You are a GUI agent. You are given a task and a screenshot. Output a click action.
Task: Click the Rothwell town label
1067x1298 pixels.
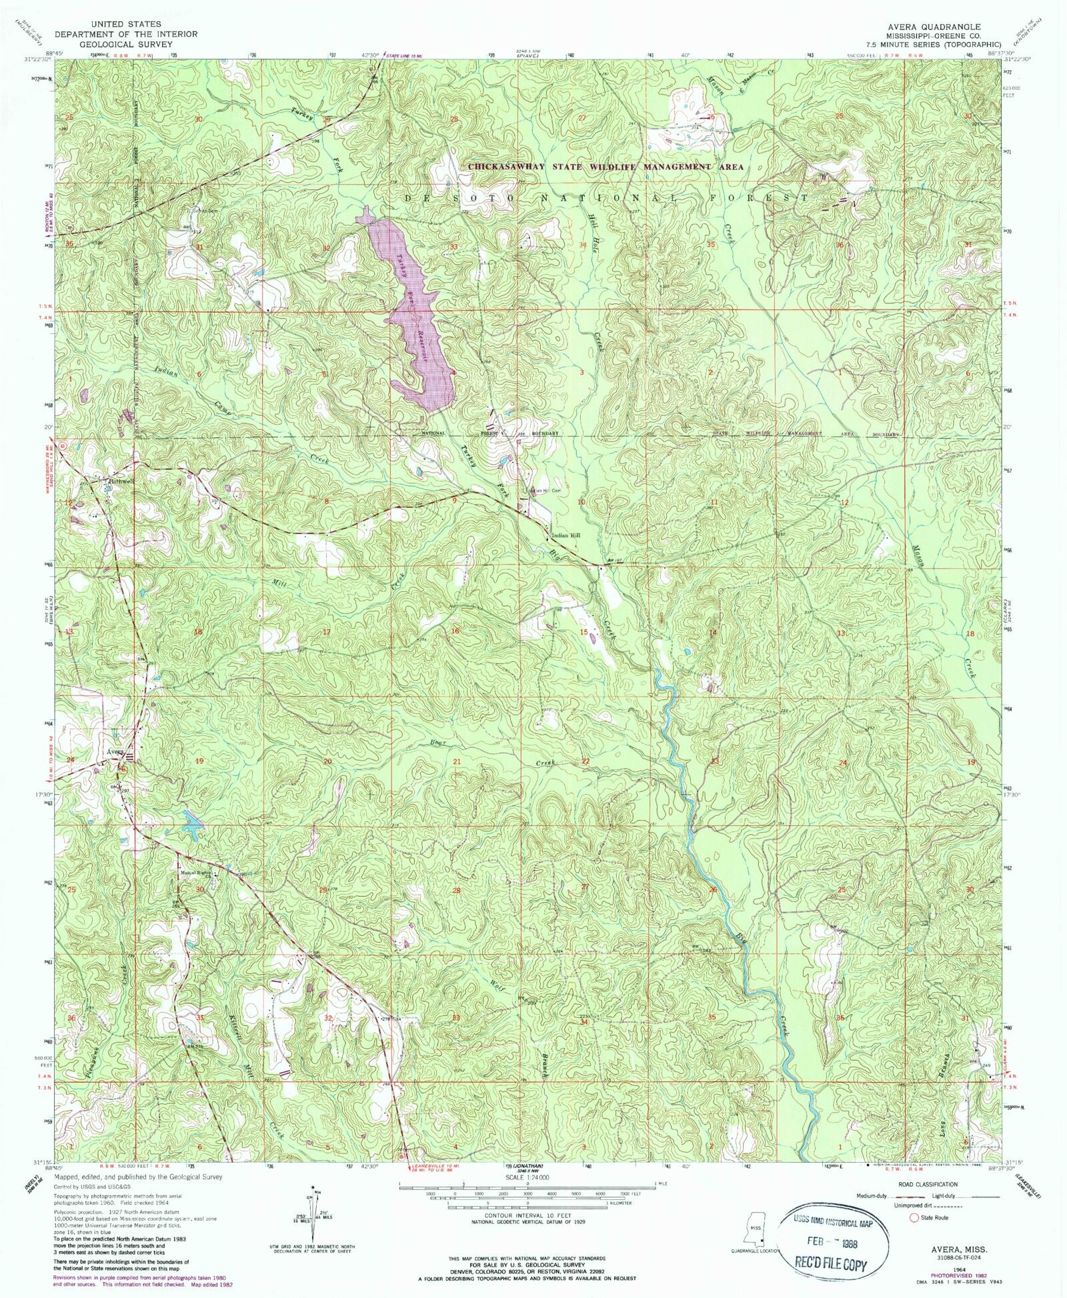point(121,479)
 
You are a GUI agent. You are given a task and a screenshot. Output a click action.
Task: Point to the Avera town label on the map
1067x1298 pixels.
point(115,752)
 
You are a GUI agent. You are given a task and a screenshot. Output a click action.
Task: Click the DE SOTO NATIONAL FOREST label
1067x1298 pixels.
point(607,199)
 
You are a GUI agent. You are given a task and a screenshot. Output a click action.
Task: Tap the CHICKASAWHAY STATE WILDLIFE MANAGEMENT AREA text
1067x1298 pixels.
point(605,167)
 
